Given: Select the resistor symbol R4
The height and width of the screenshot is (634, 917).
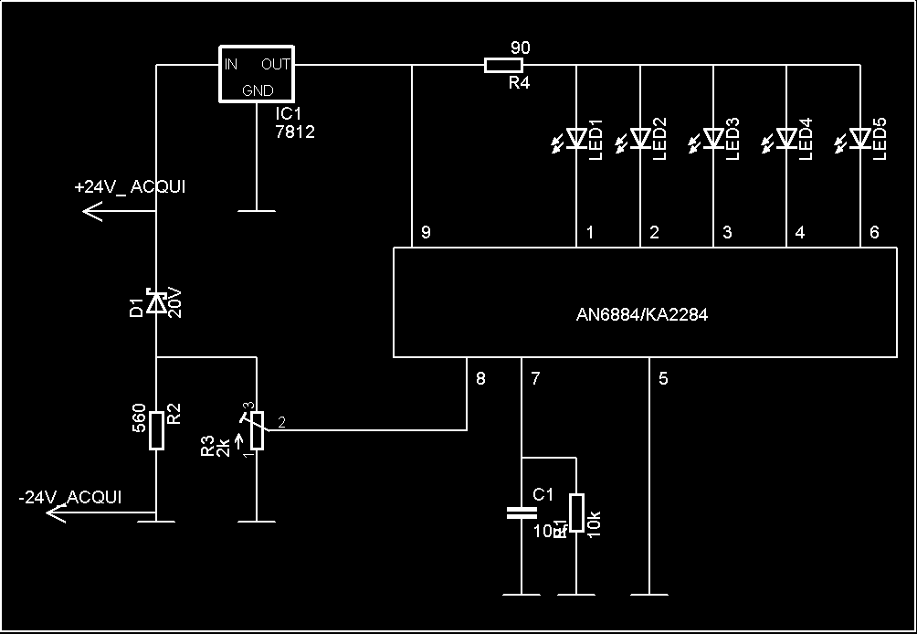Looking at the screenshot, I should click(503, 65).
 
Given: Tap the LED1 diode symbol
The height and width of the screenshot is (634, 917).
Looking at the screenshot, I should click(576, 138).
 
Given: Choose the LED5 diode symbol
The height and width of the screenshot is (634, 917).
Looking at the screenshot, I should click(859, 138).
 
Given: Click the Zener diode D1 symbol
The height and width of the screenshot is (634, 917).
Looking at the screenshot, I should click(157, 303).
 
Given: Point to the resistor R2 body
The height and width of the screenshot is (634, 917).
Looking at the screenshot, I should click(157, 430).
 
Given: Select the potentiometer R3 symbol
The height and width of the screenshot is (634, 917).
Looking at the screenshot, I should click(258, 431).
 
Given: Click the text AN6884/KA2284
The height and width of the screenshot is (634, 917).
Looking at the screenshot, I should click(642, 315).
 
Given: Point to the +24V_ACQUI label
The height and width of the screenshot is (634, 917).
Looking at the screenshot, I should click(130, 187).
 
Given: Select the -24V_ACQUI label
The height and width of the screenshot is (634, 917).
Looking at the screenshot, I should click(69, 498).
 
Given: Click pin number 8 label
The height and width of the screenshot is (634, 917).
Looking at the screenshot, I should click(481, 377).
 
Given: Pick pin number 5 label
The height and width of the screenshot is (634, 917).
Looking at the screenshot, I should click(664, 377).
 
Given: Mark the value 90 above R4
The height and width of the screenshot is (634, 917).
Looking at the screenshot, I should click(518, 47).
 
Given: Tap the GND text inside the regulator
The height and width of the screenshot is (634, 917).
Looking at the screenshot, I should click(258, 90).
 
